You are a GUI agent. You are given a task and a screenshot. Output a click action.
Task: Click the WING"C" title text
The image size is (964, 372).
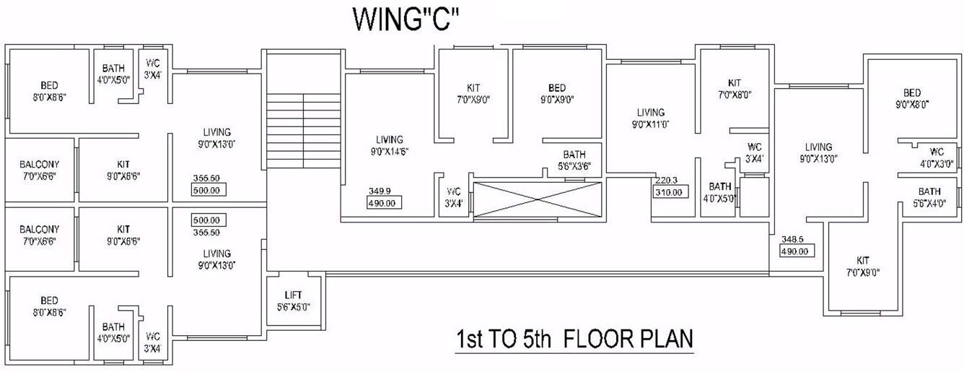406,20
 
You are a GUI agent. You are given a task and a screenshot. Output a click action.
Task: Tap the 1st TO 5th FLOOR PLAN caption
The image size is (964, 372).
574,339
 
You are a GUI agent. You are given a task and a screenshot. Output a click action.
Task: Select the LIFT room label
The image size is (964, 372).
294,295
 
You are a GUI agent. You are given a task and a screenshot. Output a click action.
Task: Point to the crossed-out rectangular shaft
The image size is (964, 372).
537,199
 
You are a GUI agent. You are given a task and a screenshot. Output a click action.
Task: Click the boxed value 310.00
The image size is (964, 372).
669,193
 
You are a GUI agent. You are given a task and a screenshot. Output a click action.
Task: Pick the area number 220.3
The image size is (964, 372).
667,181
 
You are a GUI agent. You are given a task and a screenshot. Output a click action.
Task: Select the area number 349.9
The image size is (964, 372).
380,191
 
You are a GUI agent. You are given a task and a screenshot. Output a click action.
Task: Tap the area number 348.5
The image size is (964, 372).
792,239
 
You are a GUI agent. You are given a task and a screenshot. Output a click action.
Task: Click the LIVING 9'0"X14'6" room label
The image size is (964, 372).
390,146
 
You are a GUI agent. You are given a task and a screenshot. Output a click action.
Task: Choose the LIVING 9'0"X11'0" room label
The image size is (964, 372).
650,118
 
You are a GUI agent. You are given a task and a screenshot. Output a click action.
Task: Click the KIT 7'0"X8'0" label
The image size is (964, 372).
735,89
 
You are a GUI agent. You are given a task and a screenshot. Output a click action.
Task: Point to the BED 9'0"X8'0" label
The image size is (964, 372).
911,98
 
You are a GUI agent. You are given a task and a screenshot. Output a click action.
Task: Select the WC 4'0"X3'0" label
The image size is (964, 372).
936,157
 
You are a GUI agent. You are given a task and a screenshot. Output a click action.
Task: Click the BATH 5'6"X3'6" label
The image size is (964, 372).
574,160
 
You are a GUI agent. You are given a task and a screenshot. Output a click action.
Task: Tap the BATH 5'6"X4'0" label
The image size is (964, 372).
929,197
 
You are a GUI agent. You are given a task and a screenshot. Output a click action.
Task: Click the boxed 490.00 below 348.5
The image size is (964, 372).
797,251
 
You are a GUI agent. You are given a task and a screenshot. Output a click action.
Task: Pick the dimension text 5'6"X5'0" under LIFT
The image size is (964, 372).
294,306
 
